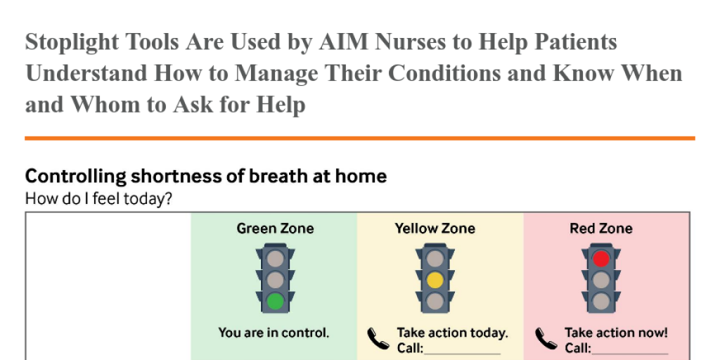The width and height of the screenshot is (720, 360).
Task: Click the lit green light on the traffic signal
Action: [275, 301]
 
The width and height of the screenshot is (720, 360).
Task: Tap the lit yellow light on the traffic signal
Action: [435, 280]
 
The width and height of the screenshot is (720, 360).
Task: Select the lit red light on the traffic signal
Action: [600, 259]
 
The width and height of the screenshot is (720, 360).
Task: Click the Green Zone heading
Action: [275, 229]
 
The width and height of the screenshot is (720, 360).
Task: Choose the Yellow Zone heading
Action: [435, 229]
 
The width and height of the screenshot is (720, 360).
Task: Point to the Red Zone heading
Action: [600, 229]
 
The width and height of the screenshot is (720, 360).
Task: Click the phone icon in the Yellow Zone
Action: [378, 340]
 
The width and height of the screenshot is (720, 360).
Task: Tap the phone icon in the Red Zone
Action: [546, 340]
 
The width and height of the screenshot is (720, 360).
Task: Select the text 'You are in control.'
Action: [274, 333]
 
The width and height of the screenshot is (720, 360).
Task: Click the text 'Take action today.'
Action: [452, 333]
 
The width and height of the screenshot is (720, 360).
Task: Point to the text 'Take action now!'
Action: [616, 333]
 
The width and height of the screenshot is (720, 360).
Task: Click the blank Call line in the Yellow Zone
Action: [462, 354]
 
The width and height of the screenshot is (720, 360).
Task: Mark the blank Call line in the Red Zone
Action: [629, 354]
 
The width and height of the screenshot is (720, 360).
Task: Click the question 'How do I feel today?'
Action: [98, 199]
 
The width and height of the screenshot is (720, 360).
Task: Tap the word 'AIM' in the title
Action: [344, 41]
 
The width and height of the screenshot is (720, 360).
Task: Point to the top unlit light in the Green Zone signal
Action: [275, 259]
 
